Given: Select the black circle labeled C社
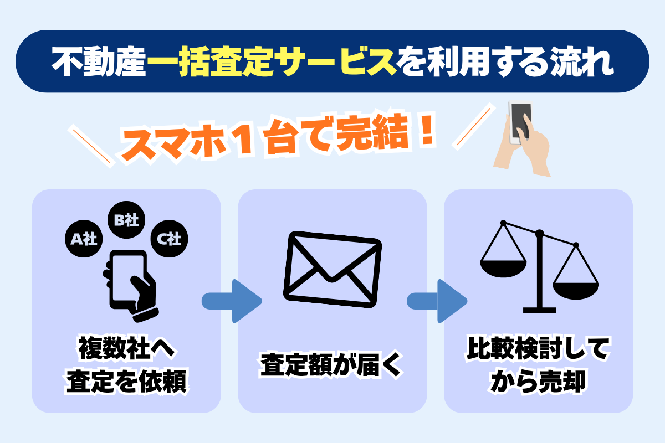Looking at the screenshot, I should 168,239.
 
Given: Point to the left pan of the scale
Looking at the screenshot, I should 503,266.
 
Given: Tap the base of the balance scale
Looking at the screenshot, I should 540,309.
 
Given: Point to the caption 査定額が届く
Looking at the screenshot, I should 332,367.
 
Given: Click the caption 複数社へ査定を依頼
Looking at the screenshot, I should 127,367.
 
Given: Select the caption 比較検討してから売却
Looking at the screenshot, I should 538,367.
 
